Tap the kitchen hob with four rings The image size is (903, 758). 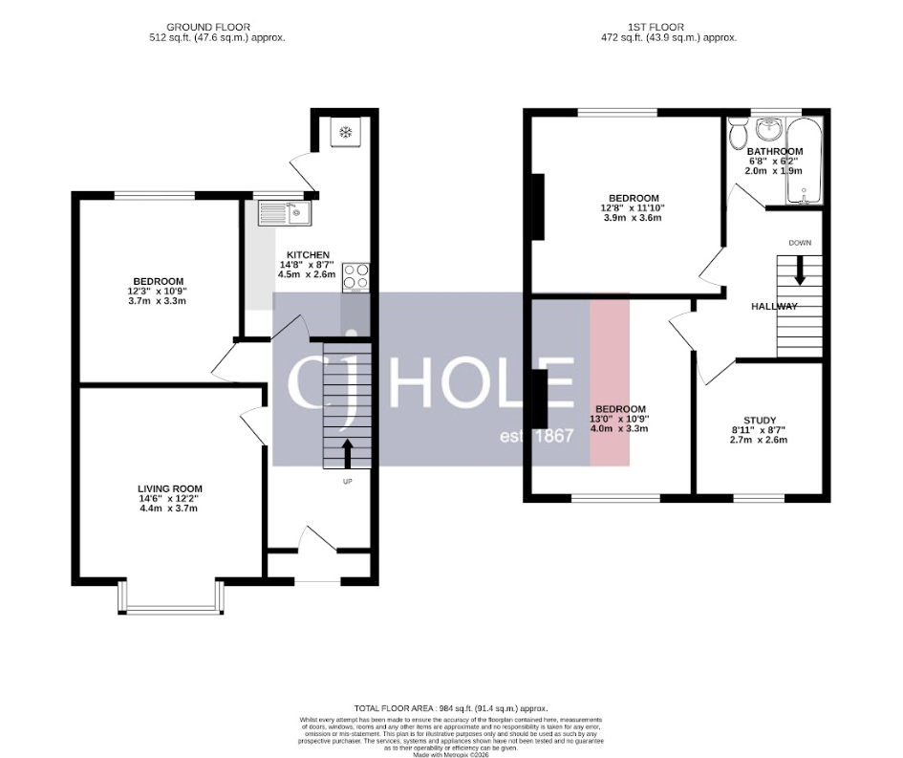coord(355,275)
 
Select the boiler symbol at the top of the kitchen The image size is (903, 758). coord(344,132)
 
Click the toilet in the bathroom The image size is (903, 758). coord(736,136)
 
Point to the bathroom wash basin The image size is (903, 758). coord(768,128)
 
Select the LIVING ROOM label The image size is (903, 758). coord(170,488)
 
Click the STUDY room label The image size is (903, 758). coord(759,419)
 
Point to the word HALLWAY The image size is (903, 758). coord(773,306)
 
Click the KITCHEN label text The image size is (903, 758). coord(306,254)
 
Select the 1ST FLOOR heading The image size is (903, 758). coord(656,27)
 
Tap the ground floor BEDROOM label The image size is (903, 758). coord(158,281)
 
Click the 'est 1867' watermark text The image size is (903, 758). coord(536,436)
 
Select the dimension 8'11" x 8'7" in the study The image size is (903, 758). coord(759,429)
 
